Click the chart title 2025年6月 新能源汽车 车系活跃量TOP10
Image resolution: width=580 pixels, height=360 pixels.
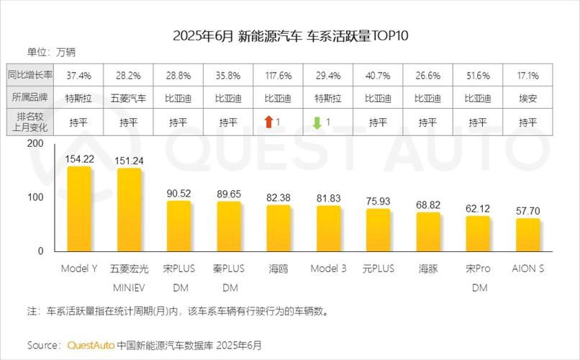pos(290,35)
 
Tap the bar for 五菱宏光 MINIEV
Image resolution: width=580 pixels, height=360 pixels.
pos(129,211)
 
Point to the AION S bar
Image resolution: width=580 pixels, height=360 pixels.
pos(527,235)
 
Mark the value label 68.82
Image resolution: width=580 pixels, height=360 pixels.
pos(428,205)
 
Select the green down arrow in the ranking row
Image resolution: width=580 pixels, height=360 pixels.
pos(316,122)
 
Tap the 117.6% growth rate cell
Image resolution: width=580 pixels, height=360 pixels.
pos(278,75)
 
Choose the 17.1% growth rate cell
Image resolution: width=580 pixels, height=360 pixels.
pos(527,75)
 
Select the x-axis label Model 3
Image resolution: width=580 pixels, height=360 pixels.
pos(328,269)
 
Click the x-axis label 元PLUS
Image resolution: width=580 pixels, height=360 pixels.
pos(378,269)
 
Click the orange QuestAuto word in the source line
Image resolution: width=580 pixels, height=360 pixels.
pos(90,345)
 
